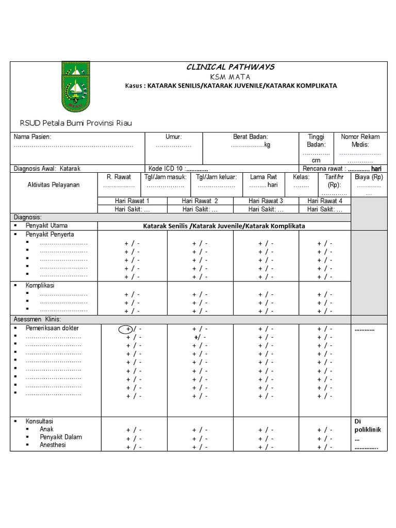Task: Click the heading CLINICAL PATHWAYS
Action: pyautogui.click(x=230, y=67)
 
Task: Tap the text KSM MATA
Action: pyautogui.click(x=230, y=76)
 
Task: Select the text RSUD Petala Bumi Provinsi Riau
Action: pyautogui.click(x=76, y=123)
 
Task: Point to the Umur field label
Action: pyautogui.click(x=173, y=137)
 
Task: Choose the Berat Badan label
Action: pyautogui.click(x=251, y=137)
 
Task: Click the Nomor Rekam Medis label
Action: pyautogui.click(x=360, y=140)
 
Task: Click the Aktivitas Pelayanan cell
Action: pyautogui.click(x=54, y=185)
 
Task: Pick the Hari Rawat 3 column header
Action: pyautogui.click(x=266, y=201)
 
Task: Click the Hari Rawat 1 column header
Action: pyautogui.click(x=131, y=201)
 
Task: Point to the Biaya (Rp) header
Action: pyautogui.click(x=369, y=177)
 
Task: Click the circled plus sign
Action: pyautogui.click(x=125, y=329)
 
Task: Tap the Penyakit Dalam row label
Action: pyautogui.click(x=61, y=437)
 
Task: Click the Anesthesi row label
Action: pyautogui.click(x=53, y=445)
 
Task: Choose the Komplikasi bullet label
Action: pyautogui.click(x=40, y=285)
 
